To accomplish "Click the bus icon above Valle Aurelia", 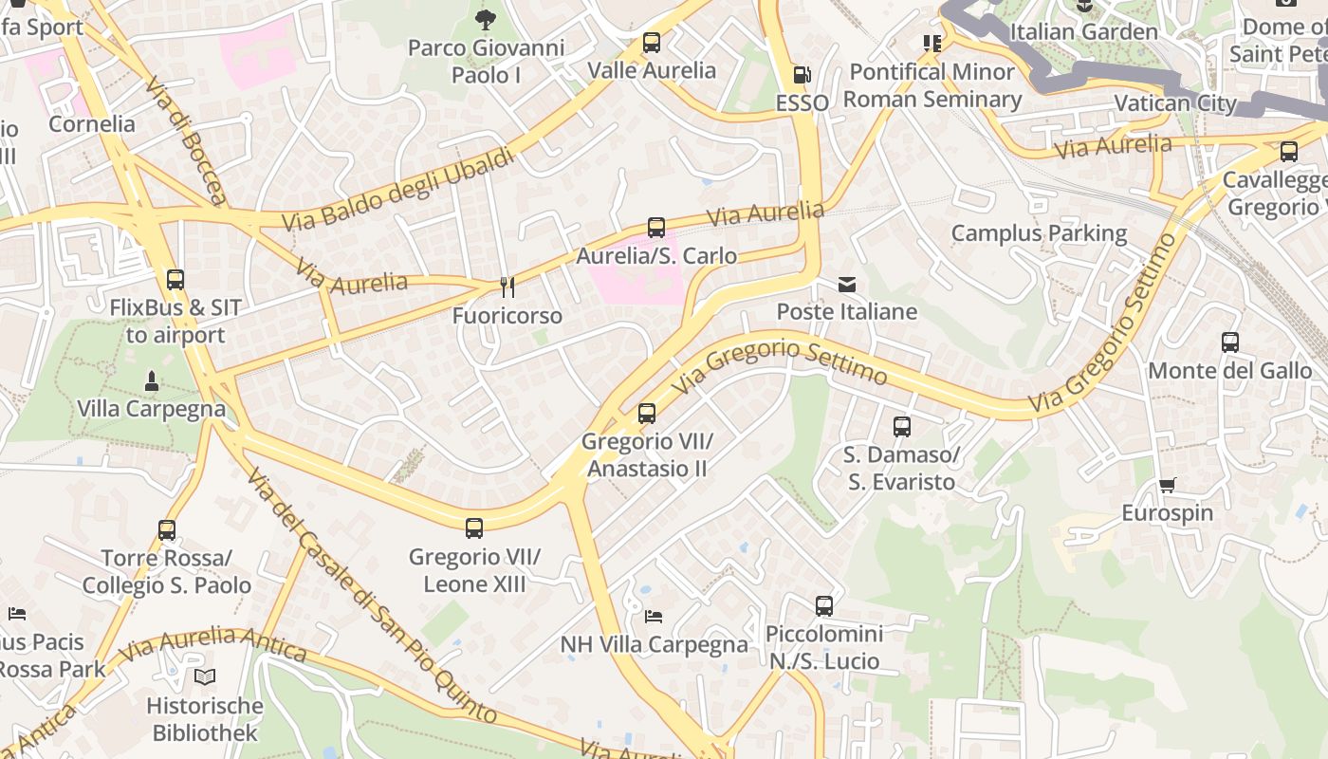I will click(651, 43).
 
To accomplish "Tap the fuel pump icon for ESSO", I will click(802, 75).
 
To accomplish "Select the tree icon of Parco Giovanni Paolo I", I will click(485, 19).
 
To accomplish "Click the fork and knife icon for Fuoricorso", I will click(507, 287).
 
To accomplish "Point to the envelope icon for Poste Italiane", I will click(846, 285).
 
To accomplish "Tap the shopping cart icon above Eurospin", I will click(1167, 486).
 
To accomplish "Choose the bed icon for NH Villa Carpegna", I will click(653, 617).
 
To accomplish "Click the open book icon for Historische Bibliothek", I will click(205, 677).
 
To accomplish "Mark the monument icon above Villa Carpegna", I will click(151, 381).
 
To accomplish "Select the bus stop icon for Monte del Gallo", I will click(1229, 342).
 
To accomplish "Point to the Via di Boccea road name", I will click(187, 140).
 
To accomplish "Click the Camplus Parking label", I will click(1039, 233).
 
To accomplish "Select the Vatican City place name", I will click(1174, 103).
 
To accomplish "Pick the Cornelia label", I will click(92, 124).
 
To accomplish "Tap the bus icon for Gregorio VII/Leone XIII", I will click(474, 528).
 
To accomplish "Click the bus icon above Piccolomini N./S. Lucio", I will click(823, 605).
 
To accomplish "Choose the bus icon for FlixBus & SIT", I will click(175, 280).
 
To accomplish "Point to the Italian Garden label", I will click(1083, 32).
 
